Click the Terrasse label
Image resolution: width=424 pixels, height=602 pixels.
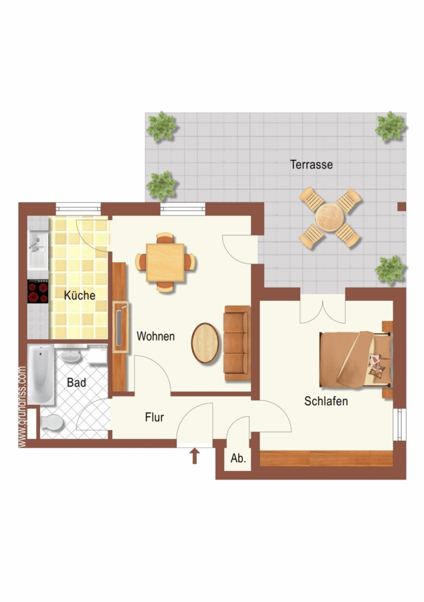click(311, 165)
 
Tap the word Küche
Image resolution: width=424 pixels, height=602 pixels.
click(80, 295)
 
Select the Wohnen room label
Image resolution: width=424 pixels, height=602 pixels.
click(155, 336)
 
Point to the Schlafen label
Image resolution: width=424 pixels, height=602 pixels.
click(326, 401)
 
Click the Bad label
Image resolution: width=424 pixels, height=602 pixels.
click(76, 383)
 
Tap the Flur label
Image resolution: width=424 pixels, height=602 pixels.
click(154, 417)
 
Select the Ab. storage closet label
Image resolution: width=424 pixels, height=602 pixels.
click(238, 458)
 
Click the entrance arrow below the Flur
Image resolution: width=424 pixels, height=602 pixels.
click(195, 456)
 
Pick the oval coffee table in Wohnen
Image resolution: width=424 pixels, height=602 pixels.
click(205, 343)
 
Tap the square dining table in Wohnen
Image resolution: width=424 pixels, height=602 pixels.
click(165, 263)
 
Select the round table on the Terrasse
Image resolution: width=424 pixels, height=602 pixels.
click(329, 217)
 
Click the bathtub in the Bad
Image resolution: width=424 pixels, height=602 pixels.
click(41, 375)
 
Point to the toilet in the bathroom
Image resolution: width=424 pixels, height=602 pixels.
click(51, 423)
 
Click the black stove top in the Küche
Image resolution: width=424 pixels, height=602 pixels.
click(37, 292)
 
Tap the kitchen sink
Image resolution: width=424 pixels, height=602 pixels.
click(37, 250)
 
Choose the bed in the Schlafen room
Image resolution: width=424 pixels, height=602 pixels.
click(356, 359)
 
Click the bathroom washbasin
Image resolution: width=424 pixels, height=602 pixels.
click(71, 356)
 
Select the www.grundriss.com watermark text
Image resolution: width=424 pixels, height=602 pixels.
click(22, 407)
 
